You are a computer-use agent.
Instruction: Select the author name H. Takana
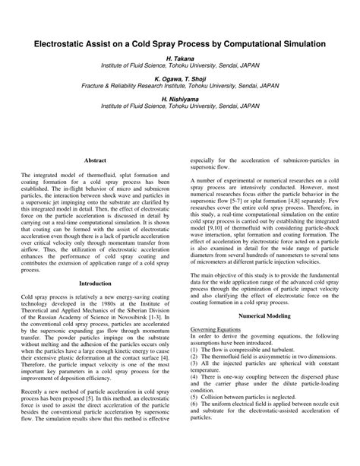[180, 59]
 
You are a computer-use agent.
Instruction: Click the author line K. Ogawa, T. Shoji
[180, 79]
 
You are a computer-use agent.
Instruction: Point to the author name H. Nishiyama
[180, 100]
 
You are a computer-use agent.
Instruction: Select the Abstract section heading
[95, 161]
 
